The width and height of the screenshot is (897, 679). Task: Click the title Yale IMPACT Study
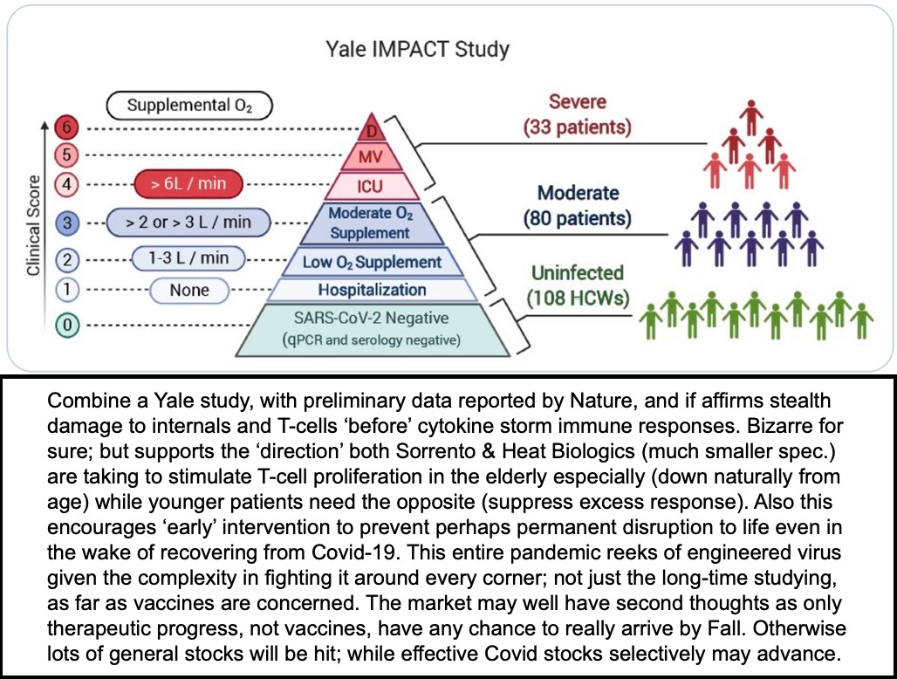click(x=417, y=49)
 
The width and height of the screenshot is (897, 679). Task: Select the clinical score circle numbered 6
click(x=66, y=127)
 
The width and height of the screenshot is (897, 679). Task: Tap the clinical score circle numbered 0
click(x=67, y=325)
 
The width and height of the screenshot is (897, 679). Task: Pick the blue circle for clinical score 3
click(x=67, y=222)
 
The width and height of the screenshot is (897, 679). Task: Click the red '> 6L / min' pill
click(x=188, y=184)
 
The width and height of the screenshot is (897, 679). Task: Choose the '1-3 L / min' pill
click(x=188, y=258)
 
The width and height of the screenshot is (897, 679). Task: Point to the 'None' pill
click(x=189, y=290)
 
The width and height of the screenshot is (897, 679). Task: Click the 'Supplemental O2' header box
click(x=189, y=106)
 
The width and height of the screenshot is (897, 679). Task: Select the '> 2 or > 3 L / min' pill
click(x=188, y=222)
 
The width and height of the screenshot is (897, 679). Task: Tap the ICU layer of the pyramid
click(x=370, y=187)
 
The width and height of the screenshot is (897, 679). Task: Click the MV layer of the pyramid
click(x=371, y=156)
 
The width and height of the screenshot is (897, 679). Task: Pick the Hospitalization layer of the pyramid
click(x=372, y=290)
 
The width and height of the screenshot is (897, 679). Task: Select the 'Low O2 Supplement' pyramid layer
click(x=372, y=262)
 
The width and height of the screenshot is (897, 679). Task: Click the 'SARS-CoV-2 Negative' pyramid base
click(x=372, y=330)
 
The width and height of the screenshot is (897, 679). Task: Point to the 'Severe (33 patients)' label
click(x=578, y=114)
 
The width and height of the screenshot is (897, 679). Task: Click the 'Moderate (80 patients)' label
click(x=578, y=205)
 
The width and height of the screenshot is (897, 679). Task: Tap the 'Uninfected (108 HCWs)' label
click(x=578, y=285)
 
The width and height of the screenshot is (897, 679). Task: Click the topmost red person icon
click(x=751, y=118)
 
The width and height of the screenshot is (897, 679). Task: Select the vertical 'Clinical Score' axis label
click(x=33, y=225)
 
